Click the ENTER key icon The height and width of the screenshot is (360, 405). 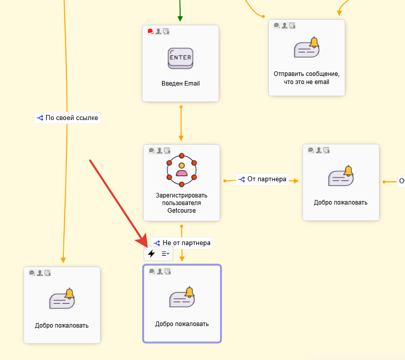180,58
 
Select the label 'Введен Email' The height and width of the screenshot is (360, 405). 180,84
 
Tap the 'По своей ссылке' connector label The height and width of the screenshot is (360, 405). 67,118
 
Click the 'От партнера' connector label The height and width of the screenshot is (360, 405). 262,179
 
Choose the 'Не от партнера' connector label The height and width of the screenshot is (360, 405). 181,243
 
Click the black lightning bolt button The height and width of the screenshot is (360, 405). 151,253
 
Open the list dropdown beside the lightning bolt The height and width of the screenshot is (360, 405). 165,253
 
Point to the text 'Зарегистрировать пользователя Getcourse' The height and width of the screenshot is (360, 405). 182,203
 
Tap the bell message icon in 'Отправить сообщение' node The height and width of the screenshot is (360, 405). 307,48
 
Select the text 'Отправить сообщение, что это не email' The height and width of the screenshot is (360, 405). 307,77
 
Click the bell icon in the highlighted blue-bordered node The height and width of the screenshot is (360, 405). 182,298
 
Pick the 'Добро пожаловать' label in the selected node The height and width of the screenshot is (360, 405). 182,324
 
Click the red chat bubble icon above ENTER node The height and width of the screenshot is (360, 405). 150,31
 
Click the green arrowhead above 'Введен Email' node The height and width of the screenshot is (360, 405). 180,19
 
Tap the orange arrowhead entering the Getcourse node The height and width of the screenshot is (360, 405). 181,138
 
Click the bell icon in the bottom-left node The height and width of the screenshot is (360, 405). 63,300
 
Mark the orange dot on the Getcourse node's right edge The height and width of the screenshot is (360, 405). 224,181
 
